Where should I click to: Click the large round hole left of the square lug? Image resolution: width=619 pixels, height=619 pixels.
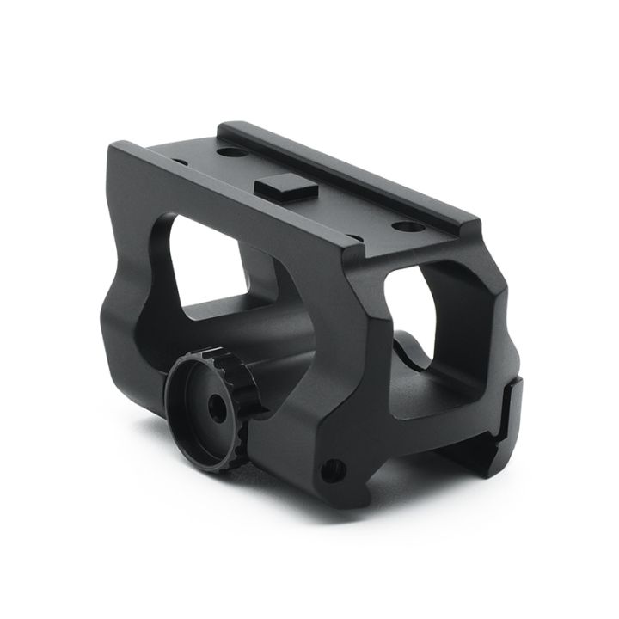tap(228, 153)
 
